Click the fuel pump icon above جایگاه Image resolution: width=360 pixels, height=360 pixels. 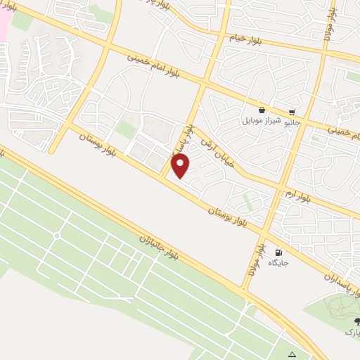(x=280, y=253)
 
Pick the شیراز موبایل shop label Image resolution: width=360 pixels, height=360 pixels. (x=262, y=121)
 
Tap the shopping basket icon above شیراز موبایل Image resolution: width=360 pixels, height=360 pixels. (x=262, y=110)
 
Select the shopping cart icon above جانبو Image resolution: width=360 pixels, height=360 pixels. (x=292, y=110)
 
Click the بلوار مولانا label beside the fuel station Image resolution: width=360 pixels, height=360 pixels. (x=254, y=259)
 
